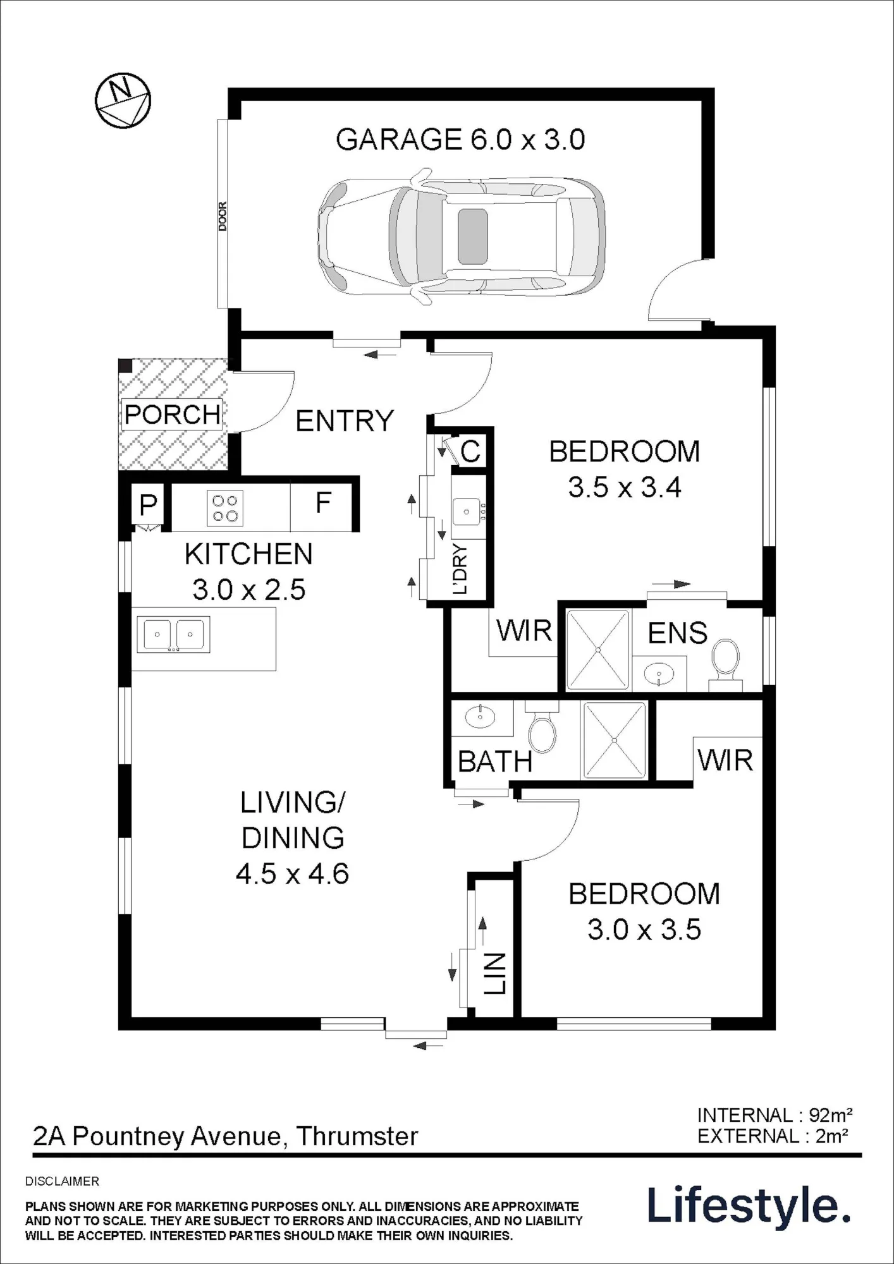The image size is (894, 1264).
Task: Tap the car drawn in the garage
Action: [x=461, y=237]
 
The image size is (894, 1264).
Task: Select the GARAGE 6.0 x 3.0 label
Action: [x=460, y=139]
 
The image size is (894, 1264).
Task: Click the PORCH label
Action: [x=172, y=415]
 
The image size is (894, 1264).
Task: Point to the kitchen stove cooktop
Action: [x=225, y=509]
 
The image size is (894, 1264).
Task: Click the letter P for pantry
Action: [x=148, y=505]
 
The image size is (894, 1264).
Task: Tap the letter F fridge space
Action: [x=323, y=503]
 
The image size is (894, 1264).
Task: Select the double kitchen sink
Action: [x=173, y=634]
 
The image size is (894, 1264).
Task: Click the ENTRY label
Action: [x=345, y=421]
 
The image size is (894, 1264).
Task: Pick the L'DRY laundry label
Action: [x=460, y=569]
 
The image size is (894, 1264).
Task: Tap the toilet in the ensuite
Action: [x=725, y=664]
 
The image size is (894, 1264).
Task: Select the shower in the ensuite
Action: [x=598, y=649]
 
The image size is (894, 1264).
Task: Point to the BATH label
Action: [x=495, y=762]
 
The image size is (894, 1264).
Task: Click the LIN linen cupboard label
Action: [x=496, y=973]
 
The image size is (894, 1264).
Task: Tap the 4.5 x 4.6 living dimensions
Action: [x=292, y=875]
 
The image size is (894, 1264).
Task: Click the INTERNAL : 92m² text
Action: [x=775, y=1115]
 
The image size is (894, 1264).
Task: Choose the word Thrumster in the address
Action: [x=357, y=1136]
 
